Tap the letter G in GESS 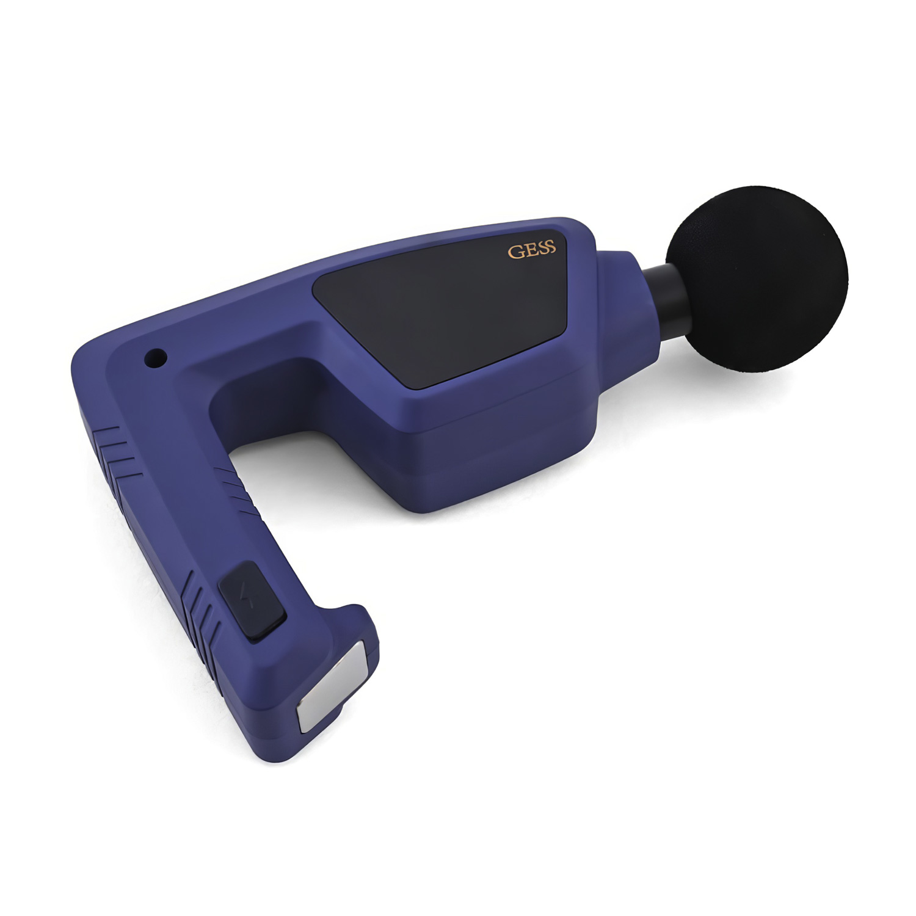pos(515,252)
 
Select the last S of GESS pos(551,247)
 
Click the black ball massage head pos(757,278)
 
